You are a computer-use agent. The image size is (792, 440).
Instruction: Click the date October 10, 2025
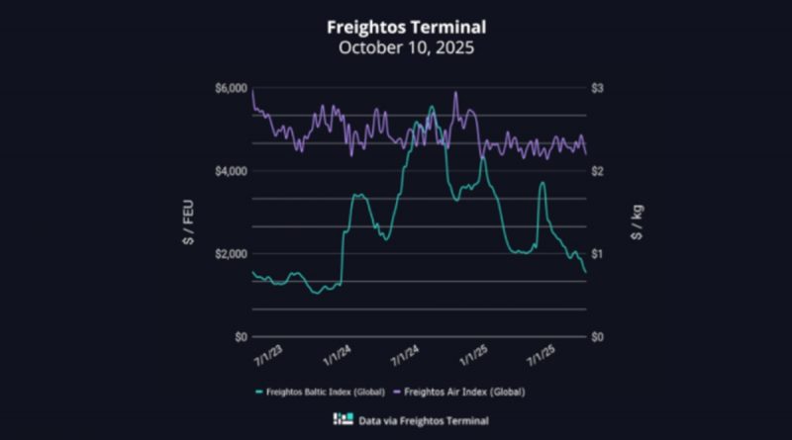[396, 46]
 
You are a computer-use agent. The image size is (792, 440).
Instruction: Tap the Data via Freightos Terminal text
[408, 419]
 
